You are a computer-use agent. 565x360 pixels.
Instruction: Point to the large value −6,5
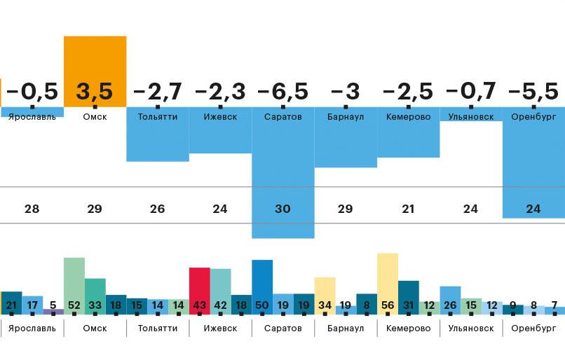[282, 92]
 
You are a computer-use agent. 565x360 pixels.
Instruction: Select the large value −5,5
[533, 92]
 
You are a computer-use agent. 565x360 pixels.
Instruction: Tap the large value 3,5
[95, 92]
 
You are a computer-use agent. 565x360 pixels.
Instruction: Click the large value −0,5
[31, 92]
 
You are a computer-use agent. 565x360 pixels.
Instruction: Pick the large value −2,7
[157, 92]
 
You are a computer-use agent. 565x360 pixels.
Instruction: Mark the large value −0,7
[470, 92]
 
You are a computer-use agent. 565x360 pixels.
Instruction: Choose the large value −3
[345, 92]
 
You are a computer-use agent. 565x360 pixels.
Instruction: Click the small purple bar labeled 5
[53, 311]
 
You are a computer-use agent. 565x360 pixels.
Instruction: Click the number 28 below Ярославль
[32, 209]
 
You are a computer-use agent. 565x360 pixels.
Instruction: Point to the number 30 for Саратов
[282, 209]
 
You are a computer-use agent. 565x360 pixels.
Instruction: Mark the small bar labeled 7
[554, 310]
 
